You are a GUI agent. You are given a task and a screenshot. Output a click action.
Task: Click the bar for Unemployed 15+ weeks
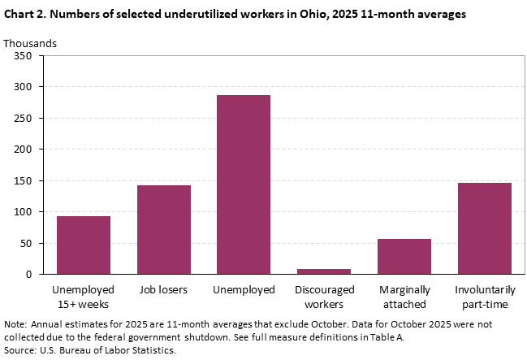click(84, 245)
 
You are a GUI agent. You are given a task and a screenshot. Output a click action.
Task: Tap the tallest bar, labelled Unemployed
click(244, 184)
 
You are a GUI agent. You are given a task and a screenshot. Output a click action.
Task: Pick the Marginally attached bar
click(404, 257)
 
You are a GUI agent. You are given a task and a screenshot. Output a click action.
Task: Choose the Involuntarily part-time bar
click(485, 228)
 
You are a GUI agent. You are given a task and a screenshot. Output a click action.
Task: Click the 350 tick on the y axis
click(23, 56)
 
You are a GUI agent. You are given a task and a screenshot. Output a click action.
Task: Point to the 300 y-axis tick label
click(23, 87)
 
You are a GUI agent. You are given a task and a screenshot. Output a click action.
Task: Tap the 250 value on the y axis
click(23, 119)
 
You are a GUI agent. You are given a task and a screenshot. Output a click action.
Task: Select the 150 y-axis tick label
click(23, 181)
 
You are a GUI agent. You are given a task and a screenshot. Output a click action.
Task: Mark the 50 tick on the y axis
click(25, 244)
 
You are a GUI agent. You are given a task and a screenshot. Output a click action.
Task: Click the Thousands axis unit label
click(30, 42)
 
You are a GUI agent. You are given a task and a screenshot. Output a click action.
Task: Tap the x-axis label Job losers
click(163, 289)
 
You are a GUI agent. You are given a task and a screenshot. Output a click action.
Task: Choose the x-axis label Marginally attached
click(404, 296)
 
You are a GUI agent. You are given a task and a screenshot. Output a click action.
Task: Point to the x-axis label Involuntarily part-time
click(485, 296)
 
